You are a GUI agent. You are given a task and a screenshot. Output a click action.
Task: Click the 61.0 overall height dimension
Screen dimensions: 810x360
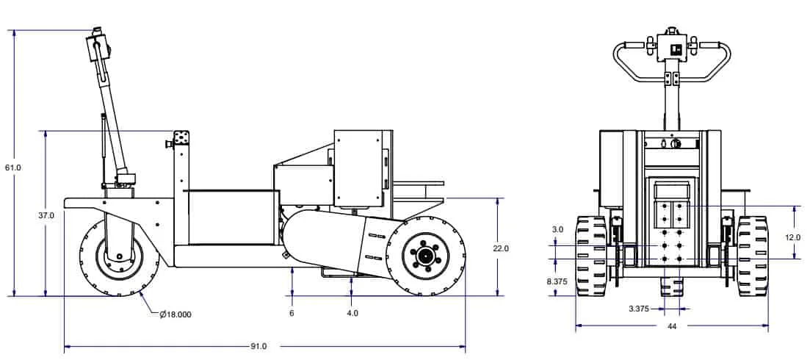[x=12, y=168]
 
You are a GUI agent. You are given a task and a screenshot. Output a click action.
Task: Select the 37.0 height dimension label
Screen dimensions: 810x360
[x=46, y=215]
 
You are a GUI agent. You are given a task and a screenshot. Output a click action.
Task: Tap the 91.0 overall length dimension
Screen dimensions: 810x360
[x=258, y=346]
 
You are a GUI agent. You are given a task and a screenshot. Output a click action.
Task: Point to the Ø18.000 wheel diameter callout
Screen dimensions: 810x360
[x=176, y=314]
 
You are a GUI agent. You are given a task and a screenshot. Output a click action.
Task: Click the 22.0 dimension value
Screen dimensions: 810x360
[x=501, y=248]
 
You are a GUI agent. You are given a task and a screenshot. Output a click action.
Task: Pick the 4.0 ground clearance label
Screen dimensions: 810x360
[x=352, y=313]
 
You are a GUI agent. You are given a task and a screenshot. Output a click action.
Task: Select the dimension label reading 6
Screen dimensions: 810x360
[x=292, y=313]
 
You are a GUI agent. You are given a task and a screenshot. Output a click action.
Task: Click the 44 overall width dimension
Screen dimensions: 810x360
[x=671, y=326]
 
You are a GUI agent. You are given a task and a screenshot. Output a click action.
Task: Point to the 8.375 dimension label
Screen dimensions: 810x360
[x=557, y=281]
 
